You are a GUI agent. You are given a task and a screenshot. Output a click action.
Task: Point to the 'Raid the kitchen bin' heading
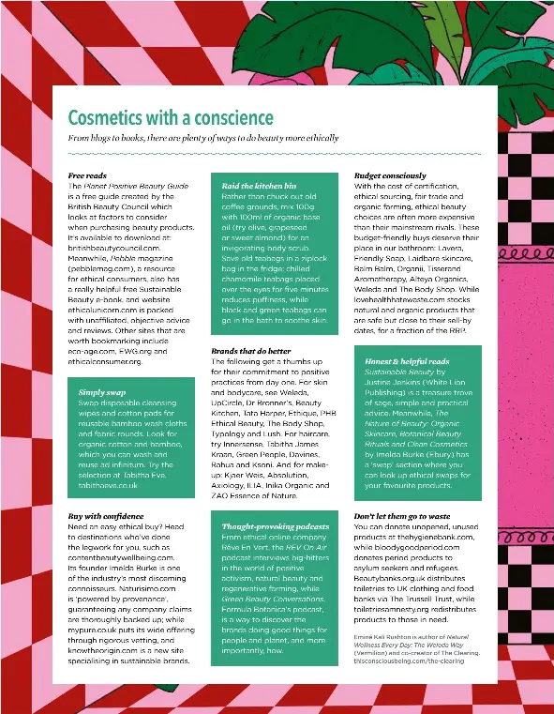(259, 187)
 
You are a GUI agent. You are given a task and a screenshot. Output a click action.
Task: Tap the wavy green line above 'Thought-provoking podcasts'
(270, 513)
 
